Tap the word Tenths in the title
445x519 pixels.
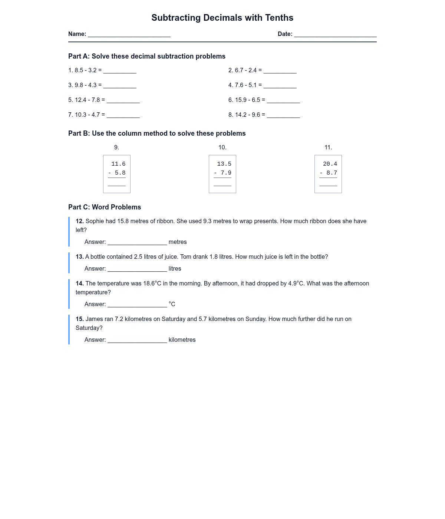[279, 18]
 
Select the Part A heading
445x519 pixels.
[147, 56]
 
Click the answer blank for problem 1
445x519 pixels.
[120, 71]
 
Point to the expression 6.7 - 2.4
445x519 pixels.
[246, 70]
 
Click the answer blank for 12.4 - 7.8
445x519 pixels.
[123, 100]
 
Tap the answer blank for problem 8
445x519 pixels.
[283, 115]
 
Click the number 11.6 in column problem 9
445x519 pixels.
[118, 164]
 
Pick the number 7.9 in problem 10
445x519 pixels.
[226, 173]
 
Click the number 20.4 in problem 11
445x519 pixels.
[330, 164]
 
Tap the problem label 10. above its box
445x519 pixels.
[222, 148]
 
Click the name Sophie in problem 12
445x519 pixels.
[95, 221]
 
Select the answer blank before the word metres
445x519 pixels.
[137, 242]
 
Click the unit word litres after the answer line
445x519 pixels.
[175, 269]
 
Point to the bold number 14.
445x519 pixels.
[80, 284]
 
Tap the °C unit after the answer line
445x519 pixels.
[172, 304]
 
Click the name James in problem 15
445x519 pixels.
[94, 319]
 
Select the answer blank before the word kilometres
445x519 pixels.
[137, 340]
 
